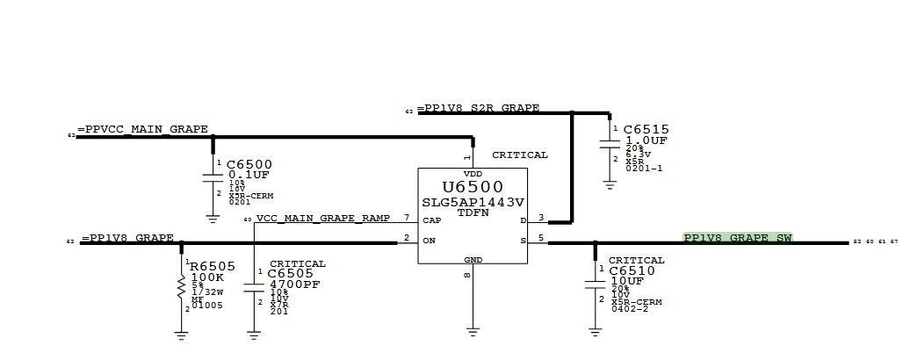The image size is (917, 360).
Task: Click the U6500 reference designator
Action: tap(473, 187)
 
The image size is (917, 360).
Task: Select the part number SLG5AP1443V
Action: tap(473, 201)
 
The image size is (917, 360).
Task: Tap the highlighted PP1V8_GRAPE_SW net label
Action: tap(738, 238)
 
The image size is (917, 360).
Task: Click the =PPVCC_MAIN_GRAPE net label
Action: tap(143, 130)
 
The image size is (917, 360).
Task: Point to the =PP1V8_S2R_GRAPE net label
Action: tap(479, 109)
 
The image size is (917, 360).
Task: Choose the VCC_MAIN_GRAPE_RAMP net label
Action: tap(323, 218)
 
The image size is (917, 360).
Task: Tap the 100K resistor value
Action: tap(207, 278)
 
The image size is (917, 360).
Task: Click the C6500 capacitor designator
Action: tap(249, 164)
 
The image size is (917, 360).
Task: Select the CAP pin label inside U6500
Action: tap(432, 220)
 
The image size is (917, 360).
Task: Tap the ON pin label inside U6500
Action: tap(430, 240)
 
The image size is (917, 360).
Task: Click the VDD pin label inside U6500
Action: tap(473, 174)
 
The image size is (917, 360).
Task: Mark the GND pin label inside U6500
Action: tap(473, 260)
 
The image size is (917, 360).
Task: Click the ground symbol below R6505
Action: tap(181, 333)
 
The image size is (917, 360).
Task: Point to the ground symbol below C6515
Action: tap(610, 184)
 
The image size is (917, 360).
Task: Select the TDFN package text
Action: tap(473, 212)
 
